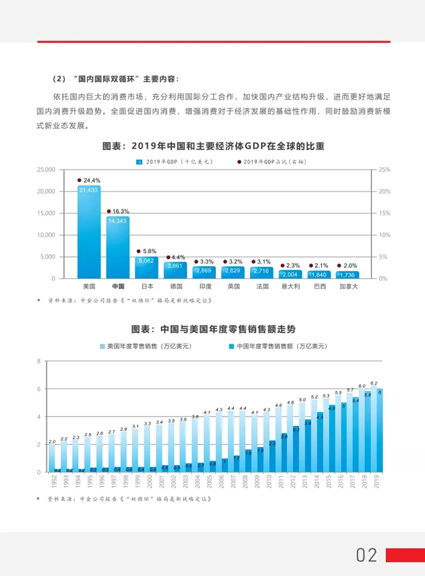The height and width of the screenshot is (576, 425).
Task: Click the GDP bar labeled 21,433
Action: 89,232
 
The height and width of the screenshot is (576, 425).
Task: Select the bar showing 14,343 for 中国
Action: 118,247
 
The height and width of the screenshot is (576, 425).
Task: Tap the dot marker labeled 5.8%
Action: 138,252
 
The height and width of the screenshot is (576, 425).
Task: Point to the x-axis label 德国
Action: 176,286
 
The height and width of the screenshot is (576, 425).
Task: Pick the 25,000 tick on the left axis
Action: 46,170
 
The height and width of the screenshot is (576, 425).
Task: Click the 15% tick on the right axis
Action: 385,213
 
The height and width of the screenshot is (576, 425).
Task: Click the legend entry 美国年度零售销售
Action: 145,346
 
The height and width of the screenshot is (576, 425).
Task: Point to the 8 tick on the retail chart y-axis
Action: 39,361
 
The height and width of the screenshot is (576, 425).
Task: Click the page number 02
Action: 367,555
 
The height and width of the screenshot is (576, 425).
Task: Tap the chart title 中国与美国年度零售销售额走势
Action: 212,329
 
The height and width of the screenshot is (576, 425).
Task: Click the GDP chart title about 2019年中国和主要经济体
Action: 213,145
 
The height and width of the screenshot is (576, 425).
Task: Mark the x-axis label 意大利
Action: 290,286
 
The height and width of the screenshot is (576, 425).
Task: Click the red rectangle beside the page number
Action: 405,555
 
